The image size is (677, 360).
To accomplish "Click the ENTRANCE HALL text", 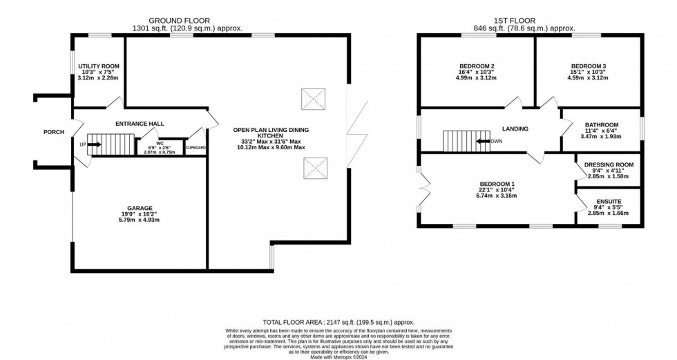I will coord(139,123).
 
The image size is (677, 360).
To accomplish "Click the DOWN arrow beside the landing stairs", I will coord(490,141).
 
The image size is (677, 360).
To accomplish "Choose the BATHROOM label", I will coord(600,125).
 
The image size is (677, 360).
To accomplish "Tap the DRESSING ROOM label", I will coord(609,164).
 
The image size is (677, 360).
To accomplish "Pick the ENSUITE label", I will coord(609,202).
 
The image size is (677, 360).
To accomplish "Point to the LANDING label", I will coord(515,129).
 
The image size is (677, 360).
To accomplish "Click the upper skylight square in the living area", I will coord(313,98).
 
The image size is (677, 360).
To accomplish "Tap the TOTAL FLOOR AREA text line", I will coord(338,322).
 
